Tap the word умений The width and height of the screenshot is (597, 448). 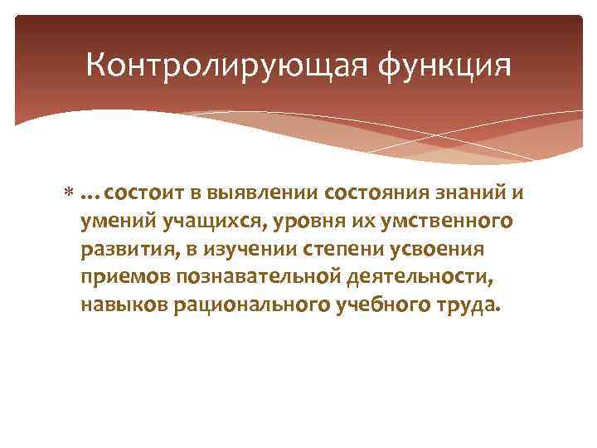coord(111,222)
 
